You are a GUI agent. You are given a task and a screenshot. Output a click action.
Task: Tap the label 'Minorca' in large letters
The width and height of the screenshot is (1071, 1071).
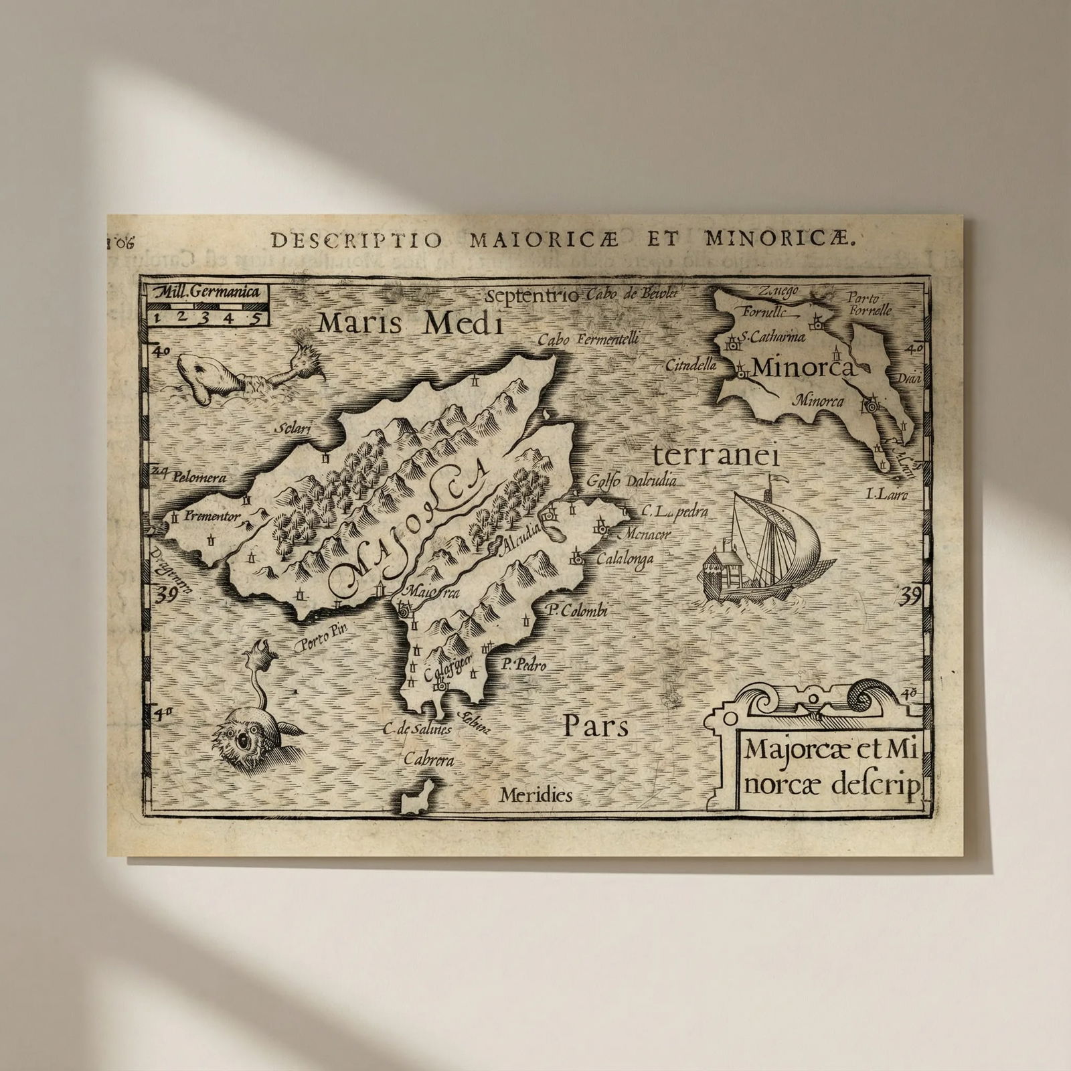pyautogui.click(x=803, y=367)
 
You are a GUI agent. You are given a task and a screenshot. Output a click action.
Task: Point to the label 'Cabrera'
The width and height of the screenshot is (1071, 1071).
pyautogui.click(x=428, y=759)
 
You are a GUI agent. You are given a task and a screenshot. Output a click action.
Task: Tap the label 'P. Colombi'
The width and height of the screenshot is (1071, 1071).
pyautogui.click(x=576, y=610)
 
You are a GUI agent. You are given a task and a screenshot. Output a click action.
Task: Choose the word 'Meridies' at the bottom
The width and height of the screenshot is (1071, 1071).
pyautogui.click(x=535, y=795)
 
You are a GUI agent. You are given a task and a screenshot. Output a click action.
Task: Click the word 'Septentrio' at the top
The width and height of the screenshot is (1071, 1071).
pyautogui.click(x=533, y=296)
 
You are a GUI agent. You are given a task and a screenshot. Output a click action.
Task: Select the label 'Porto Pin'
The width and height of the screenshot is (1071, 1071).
pyautogui.click(x=322, y=643)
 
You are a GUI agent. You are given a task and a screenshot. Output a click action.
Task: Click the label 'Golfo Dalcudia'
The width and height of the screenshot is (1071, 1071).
pyautogui.click(x=631, y=481)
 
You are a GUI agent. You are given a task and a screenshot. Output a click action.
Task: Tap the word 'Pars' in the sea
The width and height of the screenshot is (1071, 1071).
pyautogui.click(x=595, y=726)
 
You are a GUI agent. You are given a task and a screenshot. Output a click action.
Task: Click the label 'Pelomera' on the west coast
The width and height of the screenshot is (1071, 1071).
pyautogui.click(x=199, y=477)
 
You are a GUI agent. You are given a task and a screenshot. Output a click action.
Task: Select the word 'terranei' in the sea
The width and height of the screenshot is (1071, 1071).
pyautogui.click(x=716, y=457)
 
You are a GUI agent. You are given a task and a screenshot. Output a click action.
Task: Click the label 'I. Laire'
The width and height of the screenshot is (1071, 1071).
pyautogui.click(x=886, y=495)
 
